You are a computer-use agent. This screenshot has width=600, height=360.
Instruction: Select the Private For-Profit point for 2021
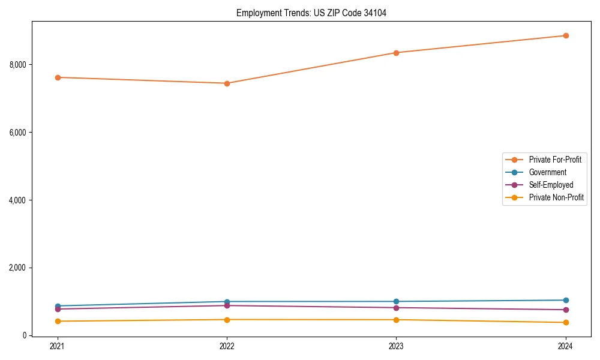click(x=58, y=77)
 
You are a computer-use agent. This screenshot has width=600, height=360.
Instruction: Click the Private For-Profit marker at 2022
click(x=227, y=83)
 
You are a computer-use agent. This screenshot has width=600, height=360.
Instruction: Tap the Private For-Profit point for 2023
click(x=396, y=53)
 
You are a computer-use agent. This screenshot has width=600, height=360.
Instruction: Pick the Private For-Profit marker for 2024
click(x=565, y=35)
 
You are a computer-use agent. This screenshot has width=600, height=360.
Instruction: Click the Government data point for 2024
click(x=565, y=300)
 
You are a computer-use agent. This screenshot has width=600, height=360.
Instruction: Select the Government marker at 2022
click(x=227, y=302)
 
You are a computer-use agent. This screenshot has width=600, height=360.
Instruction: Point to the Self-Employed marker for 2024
click(x=565, y=310)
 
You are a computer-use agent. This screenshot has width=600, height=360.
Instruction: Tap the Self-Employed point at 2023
click(x=396, y=308)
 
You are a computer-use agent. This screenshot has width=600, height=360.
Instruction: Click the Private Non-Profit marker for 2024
click(x=565, y=323)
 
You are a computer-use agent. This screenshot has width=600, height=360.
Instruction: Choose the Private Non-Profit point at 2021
click(x=58, y=321)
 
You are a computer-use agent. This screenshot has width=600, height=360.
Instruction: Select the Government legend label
click(x=547, y=172)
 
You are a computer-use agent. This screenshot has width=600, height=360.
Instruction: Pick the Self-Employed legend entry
click(x=551, y=185)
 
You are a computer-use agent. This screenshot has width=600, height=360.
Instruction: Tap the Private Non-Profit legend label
click(x=556, y=197)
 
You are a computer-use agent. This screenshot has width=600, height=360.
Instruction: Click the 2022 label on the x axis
click(x=227, y=346)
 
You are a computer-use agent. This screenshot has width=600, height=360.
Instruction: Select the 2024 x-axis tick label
click(x=565, y=346)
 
